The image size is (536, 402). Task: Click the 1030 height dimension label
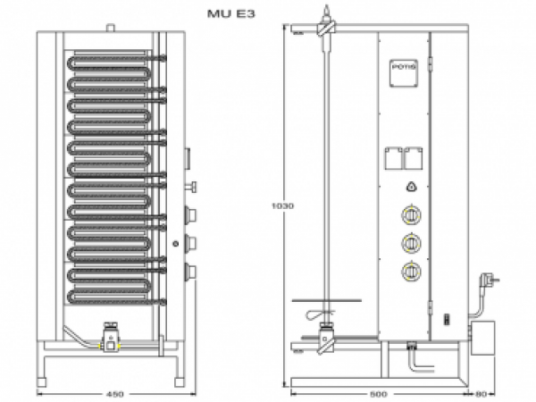[281, 205]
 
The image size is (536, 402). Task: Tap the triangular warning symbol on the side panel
[410, 187]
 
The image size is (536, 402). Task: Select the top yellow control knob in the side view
[410, 215]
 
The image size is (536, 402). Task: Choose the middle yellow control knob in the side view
[410, 242]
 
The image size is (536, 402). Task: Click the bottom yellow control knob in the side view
[410, 271]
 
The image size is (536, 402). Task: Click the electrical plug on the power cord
[490, 281]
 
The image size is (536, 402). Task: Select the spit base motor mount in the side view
[326, 339]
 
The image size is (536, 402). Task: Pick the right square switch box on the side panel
[413, 158]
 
